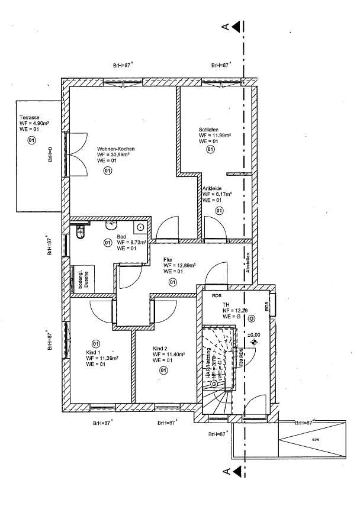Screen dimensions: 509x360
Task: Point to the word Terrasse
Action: click(29, 117)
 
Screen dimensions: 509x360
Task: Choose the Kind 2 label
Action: click(160, 348)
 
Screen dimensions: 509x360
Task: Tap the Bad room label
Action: click(122, 236)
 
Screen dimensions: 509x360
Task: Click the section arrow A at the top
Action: click(236, 26)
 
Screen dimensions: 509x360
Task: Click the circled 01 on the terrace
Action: click(32, 140)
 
